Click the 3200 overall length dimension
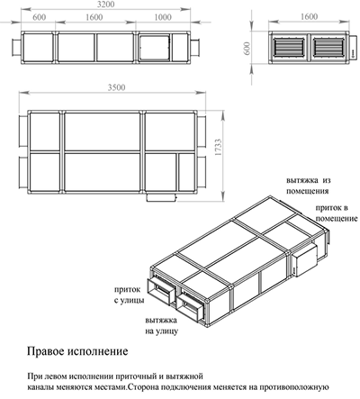coord(105,5)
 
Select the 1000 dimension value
coord(163,17)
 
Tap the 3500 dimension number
coord(116,87)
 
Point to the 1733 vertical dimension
coord(218,147)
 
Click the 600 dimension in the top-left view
coord(40,17)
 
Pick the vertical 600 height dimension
coord(247,48)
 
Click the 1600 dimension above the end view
coord(309,16)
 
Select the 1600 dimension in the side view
coord(94,17)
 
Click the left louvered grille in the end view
coord(288,47)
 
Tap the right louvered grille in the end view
coord(328,47)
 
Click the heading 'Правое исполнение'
coord(77,351)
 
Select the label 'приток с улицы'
coord(129,295)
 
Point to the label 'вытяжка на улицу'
coord(161,326)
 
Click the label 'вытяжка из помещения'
coord(308,186)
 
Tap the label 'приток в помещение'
coord(337,213)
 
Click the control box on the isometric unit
coord(304,259)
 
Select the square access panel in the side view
coord(155,47)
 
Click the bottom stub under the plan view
coord(161,197)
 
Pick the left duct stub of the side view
coord(16,47)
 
